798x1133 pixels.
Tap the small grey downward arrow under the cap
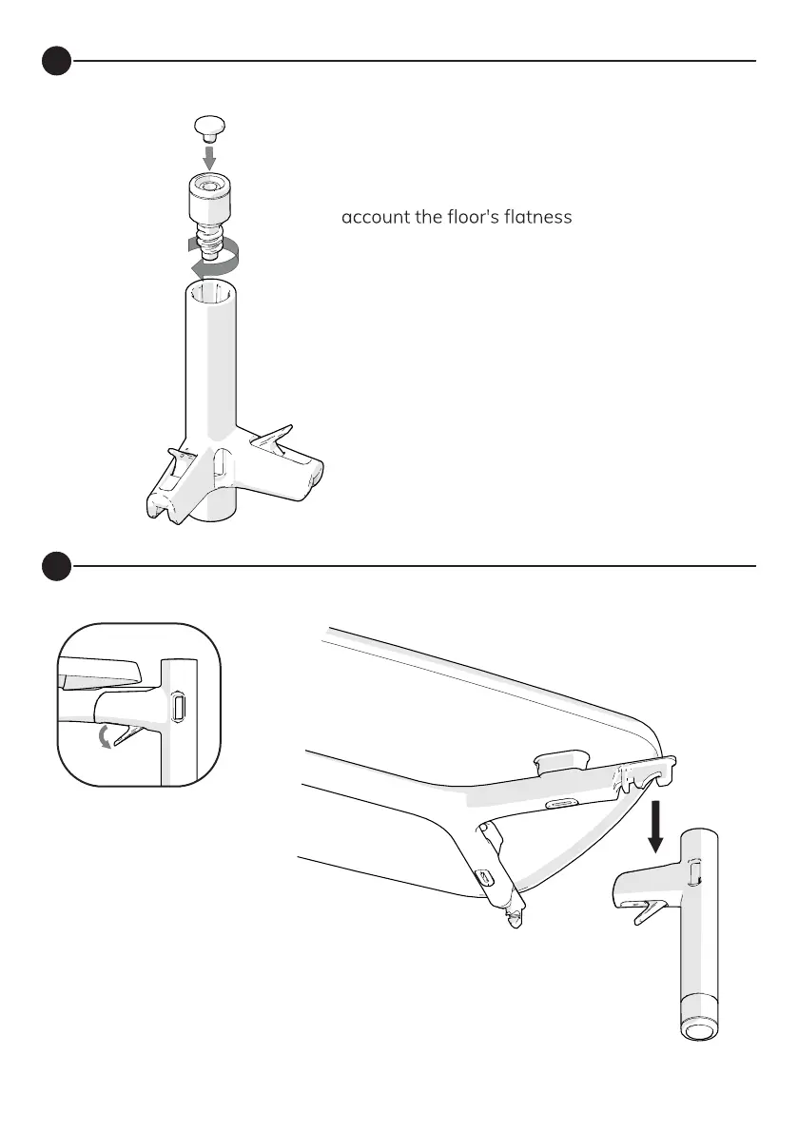pyautogui.click(x=210, y=155)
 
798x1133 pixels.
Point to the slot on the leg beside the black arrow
pyautogui.click(x=693, y=870)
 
